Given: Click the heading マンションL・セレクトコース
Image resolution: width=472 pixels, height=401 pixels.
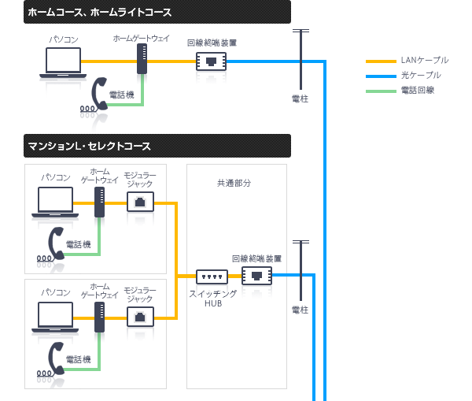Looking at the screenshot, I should [x=89, y=147].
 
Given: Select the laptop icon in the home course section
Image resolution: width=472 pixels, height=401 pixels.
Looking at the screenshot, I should [x=63, y=61].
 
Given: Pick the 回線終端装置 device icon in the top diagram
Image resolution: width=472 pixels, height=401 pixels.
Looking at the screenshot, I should [x=211, y=61].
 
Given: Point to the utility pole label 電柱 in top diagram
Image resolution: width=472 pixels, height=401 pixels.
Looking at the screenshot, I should [x=300, y=99].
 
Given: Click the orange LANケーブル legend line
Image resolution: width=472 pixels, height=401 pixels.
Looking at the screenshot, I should [x=382, y=60].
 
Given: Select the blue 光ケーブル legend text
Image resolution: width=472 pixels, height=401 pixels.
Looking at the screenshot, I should [x=420, y=75].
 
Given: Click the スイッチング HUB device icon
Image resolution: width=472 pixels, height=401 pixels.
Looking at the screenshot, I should [x=212, y=277].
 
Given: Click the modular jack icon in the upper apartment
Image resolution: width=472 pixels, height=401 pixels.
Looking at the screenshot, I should [x=140, y=202].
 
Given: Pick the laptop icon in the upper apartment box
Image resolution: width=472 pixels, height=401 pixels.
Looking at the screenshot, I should [x=56, y=202].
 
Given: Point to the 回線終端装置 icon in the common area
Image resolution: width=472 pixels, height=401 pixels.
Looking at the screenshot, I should [x=256, y=275].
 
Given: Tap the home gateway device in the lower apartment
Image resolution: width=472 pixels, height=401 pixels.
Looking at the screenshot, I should [x=100, y=317].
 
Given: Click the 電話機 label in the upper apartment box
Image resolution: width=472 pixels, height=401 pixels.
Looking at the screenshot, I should [x=78, y=244].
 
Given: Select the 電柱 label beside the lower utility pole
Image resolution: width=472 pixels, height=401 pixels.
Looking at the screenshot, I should [x=300, y=310].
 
